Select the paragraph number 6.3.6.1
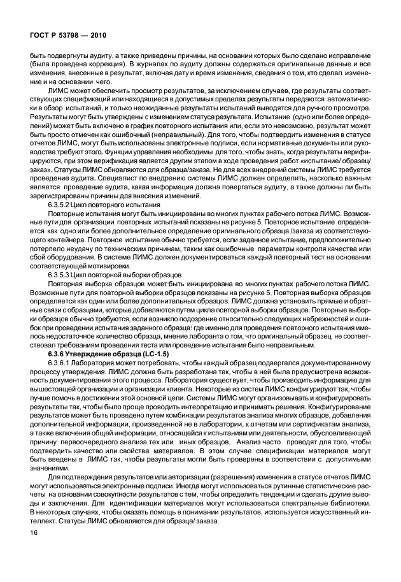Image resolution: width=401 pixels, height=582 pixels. (62, 362)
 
